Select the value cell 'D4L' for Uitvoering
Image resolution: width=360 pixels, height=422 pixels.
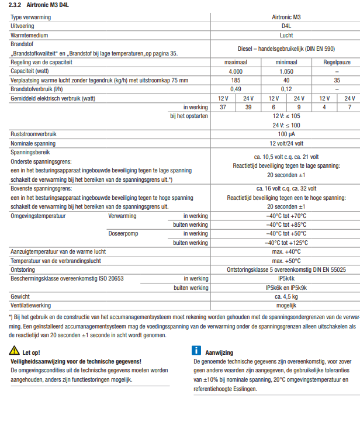click(286, 26)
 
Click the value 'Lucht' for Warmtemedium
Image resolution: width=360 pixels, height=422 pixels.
click(286, 35)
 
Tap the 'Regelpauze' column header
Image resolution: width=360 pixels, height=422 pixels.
click(337, 62)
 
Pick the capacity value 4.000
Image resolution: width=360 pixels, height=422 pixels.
click(236, 71)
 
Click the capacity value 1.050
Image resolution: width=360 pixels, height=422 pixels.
click(286, 71)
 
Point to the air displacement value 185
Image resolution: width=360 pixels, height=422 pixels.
click(236, 79)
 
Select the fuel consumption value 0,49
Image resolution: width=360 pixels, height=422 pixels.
click(236, 89)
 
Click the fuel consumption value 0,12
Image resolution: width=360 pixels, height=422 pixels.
click(286, 89)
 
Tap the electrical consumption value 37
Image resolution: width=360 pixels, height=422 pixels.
click(223, 107)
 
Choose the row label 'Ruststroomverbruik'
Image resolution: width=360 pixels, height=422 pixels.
click(34, 134)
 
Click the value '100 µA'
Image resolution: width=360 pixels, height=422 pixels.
click(286, 134)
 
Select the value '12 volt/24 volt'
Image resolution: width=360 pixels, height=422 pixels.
click(286, 143)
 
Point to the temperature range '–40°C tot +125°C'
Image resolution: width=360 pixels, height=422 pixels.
click(286, 243)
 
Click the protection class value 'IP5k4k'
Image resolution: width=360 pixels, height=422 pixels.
click(286, 279)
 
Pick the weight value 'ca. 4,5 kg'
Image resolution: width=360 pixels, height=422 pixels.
click(286, 297)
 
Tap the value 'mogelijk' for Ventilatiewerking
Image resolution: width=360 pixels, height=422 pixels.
click(286, 306)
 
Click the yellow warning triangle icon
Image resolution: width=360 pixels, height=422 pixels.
click(14, 351)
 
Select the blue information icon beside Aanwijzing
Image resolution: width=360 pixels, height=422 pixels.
click(196, 351)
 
